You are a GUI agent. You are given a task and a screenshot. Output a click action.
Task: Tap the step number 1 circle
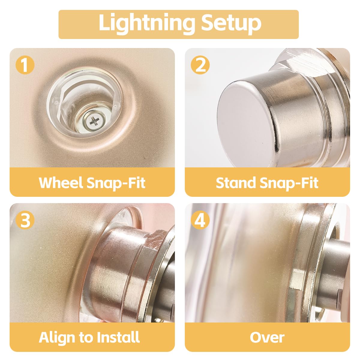(25, 65)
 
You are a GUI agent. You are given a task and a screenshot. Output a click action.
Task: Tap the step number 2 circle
(200, 65)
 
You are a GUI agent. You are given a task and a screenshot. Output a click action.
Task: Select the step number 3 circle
(25, 220)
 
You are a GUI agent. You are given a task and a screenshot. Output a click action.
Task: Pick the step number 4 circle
(200, 220)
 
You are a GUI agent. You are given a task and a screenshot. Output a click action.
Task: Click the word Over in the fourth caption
(267, 337)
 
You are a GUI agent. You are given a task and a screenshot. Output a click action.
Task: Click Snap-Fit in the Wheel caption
(116, 183)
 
